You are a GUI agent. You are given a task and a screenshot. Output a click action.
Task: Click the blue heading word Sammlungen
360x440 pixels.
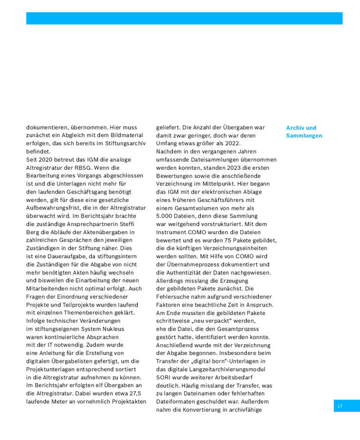click(304, 136)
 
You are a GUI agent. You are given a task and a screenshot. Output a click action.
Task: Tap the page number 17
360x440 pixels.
click(339, 406)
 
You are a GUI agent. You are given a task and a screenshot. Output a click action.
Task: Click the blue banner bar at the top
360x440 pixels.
click(184, 19)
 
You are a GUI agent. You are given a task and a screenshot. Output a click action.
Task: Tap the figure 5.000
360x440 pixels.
click(166, 216)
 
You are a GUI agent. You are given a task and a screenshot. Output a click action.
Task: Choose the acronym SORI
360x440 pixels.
click(164, 377)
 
